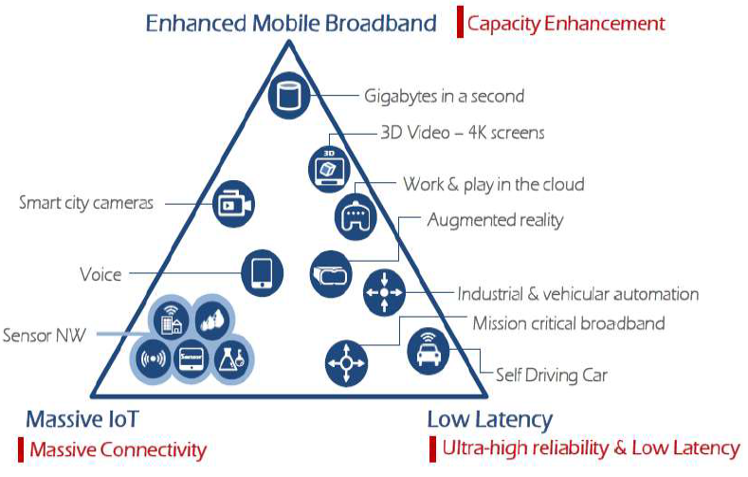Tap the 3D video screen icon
coord(329,170)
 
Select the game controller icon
coord(356,217)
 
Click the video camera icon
coord(234,204)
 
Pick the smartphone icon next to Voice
coord(262,273)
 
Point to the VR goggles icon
coord(331,274)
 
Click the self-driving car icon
coord(429,352)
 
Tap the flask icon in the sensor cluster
coord(232,358)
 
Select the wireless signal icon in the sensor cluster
coord(153,358)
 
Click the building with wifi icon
coord(171,321)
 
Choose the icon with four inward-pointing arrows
coord(385,292)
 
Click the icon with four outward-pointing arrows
coord(347,363)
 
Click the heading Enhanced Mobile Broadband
coord(291,23)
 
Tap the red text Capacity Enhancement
coord(566,23)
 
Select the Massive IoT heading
coord(82,419)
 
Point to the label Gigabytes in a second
coord(444,96)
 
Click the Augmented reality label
coord(495,220)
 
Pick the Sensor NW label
coord(44,336)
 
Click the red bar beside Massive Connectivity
coord(21,449)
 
